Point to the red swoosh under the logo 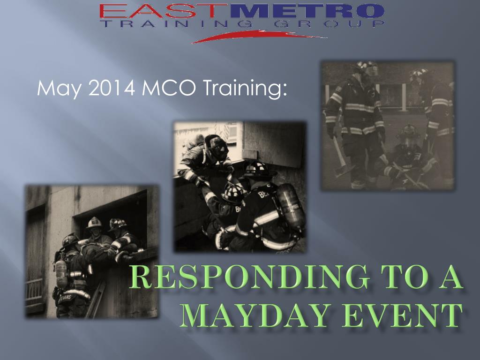[x=259, y=37]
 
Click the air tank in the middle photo [x=289, y=207]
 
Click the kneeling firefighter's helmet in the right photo [x=409, y=131]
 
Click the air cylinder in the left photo [x=61, y=273]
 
